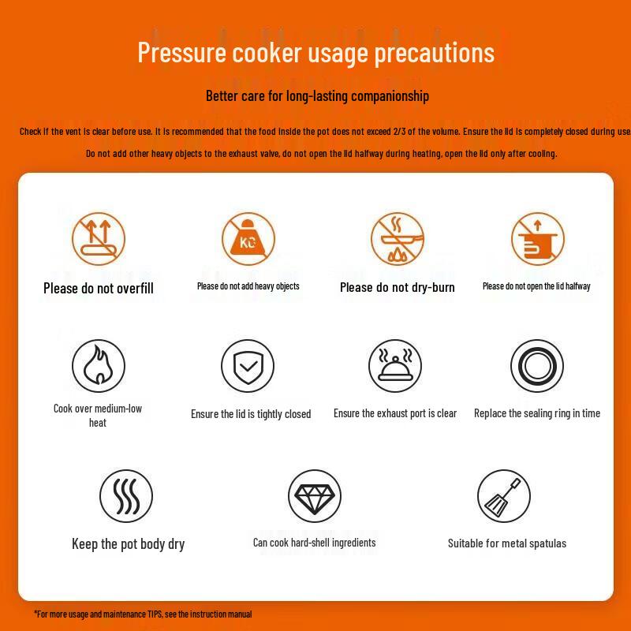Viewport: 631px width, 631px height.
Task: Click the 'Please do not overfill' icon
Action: coord(99,239)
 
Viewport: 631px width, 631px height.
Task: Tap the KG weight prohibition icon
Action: coord(248,238)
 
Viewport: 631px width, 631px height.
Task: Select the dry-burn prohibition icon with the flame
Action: coord(398,238)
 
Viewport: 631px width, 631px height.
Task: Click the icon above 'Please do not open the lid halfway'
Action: coord(537,238)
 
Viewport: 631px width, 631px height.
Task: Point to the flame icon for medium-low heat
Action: coord(99,366)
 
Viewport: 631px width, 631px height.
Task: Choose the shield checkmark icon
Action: coord(248,366)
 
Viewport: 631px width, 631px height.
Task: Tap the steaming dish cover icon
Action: coord(395,366)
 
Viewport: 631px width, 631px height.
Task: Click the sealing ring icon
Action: coord(536,366)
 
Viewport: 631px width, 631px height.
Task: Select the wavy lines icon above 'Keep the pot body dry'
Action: coord(126,496)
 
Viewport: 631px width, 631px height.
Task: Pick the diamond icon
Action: coord(314,496)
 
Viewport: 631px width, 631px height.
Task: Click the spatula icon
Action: coord(504,496)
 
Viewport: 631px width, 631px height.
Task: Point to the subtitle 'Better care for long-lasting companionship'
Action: coord(317,96)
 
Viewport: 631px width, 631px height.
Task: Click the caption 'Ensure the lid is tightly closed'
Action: coord(251,414)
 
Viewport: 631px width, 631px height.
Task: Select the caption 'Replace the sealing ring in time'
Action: coord(537,413)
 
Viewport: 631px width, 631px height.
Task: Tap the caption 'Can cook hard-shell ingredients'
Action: coord(314,543)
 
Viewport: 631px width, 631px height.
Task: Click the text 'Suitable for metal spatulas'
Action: coord(507,543)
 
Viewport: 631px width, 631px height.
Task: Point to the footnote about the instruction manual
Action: coord(144,614)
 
